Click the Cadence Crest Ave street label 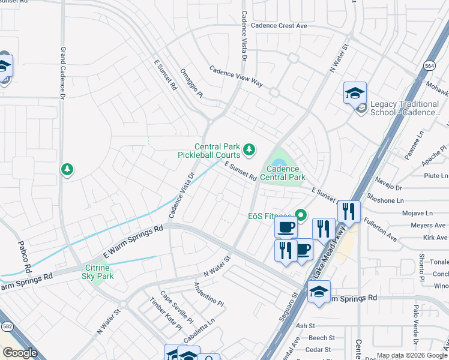pos(279,26)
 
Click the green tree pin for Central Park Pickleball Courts pos(248,148)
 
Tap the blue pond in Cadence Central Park pos(277,163)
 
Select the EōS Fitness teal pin pos(300,214)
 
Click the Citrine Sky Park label pos(97,271)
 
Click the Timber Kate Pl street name pos(166,313)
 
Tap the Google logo pos(20,353)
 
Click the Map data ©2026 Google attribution pos(412,355)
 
